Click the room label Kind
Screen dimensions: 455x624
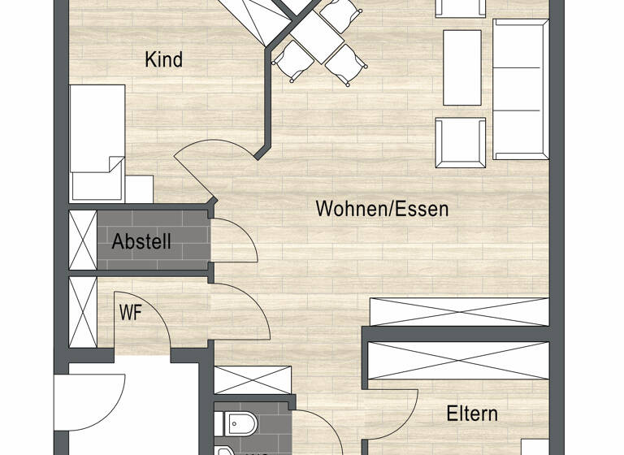click(163, 59)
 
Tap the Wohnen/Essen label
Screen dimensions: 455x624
click(382, 209)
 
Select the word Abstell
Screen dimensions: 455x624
click(141, 241)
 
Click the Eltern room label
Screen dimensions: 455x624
click(472, 414)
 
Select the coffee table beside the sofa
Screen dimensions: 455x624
click(461, 68)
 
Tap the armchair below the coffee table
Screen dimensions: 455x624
click(460, 143)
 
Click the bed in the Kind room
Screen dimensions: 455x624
click(97, 142)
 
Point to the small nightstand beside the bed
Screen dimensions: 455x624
click(139, 188)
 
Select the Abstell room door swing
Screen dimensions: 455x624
click(233, 241)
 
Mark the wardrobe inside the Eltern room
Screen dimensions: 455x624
click(459, 360)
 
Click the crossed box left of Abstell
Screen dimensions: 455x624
click(82, 239)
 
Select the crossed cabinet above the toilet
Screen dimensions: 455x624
click(253, 380)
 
